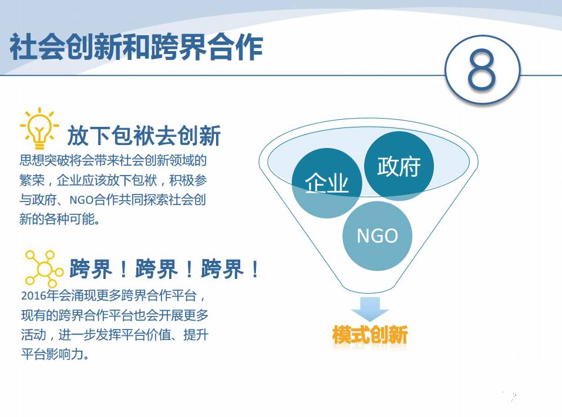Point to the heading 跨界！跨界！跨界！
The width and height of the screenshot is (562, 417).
point(164,270)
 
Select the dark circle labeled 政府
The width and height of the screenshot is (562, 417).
point(399,166)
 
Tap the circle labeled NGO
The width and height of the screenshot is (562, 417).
point(378,236)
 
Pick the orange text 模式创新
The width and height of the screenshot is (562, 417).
point(370,335)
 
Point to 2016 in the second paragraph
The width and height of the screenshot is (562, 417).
point(32,295)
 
